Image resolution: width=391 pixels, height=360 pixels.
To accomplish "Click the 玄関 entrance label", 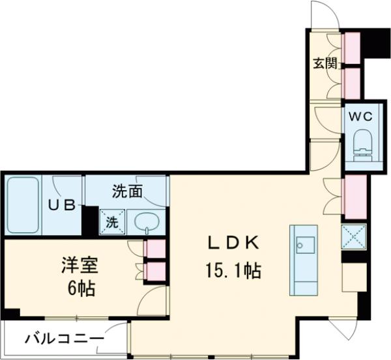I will click(x=323, y=64).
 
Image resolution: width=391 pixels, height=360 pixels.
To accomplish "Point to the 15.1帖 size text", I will click(x=234, y=269).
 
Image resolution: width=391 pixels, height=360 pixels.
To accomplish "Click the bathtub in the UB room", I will click(x=25, y=205).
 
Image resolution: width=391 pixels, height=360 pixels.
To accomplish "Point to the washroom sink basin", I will click(x=147, y=222).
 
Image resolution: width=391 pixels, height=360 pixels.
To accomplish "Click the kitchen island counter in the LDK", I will click(x=303, y=260).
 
